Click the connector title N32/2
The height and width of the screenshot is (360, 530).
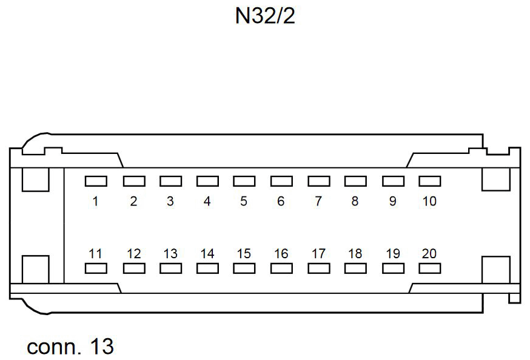tap(265, 16)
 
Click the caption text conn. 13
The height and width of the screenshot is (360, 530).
tap(70, 347)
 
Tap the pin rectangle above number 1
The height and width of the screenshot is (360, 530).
tap(96, 181)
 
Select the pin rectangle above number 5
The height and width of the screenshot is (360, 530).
tap(244, 181)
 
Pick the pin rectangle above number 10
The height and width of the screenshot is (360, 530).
tap(429, 181)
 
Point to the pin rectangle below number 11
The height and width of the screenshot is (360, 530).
tap(96, 268)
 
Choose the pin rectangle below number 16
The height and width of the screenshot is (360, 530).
tap(281, 268)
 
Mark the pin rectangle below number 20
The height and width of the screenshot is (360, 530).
tap(429, 268)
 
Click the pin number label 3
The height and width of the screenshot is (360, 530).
tap(170, 201)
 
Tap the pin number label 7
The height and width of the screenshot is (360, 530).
tap(318, 201)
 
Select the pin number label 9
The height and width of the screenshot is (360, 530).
tap(392, 201)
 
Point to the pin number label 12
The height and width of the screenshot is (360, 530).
tap(133, 254)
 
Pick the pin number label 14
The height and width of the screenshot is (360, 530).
tap(207, 254)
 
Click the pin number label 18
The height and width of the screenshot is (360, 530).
tap(355, 254)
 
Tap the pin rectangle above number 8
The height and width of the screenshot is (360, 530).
tap(355, 181)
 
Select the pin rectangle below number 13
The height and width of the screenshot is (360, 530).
tap(170, 268)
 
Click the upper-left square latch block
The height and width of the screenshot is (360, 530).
tap(35, 179)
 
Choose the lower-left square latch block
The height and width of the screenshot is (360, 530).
tap(35, 269)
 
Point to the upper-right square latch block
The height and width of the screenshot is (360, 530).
tap(495, 179)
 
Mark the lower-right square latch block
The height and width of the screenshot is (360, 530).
tap(495, 269)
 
